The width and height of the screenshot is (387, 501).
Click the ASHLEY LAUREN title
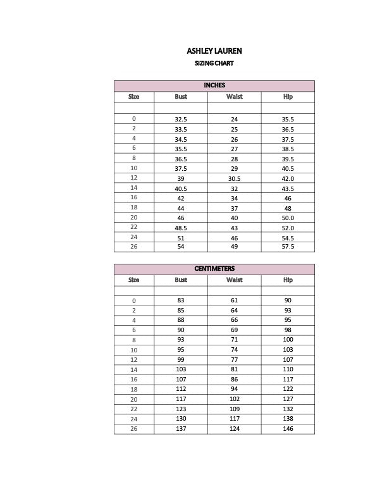pyautogui.click(x=214, y=51)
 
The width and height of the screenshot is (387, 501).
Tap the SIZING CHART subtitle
pyautogui.click(x=214, y=63)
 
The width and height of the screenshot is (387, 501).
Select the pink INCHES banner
pyautogui.click(x=214, y=85)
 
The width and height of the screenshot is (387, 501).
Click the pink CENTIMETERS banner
pyautogui.click(x=214, y=269)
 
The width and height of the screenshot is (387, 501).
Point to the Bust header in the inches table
pyautogui.click(x=181, y=97)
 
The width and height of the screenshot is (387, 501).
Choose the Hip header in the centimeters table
pyautogui.click(x=288, y=280)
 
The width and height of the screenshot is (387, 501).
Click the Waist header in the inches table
pyautogui.click(x=234, y=97)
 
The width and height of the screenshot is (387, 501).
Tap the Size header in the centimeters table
pyautogui.click(x=134, y=280)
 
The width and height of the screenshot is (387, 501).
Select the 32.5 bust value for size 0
pyautogui.click(x=181, y=119)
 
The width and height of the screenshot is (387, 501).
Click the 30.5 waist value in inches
pyautogui.click(x=234, y=178)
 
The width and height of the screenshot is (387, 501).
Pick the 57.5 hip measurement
pyautogui.click(x=288, y=247)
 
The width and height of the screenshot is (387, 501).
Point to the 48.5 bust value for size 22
pyautogui.click(x=181, y=228)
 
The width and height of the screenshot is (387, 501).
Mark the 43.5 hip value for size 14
pyautogui.click(x=288, y=189)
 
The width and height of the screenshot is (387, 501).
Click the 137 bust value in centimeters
pyautogui.click(x=181, y=429)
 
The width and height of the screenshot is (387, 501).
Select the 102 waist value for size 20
pyautogui.click(x=234, y=399)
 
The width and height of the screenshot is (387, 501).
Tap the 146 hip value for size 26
pyautogui.click(x=288, y=429)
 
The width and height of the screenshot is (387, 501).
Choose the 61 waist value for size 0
pyautogui.click(x=234, y=300)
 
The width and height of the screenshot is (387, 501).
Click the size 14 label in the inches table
pyautogui.click(x=134, y=188)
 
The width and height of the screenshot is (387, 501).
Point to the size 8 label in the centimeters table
pyautogui.click(x=134, y=340)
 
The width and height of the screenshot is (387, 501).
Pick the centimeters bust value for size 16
pyautogui.click(x=181, y=380)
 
